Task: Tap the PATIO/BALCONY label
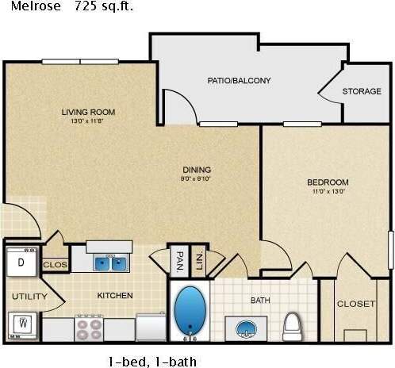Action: pos(239,80)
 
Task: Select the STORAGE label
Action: pos(362,91)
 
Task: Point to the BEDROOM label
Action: pos(328,182)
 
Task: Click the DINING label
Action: pos(196,169)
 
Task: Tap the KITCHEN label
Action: pos(115,295)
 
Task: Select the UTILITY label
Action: pos(29,297)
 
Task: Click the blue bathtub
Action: pos(190,310)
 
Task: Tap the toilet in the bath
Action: pos(293,324)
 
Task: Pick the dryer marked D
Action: pos(21,263)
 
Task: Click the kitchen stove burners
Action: pos(89,328)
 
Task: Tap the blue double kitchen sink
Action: pos(110,262)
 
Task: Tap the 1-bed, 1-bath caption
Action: pos(151,362)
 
